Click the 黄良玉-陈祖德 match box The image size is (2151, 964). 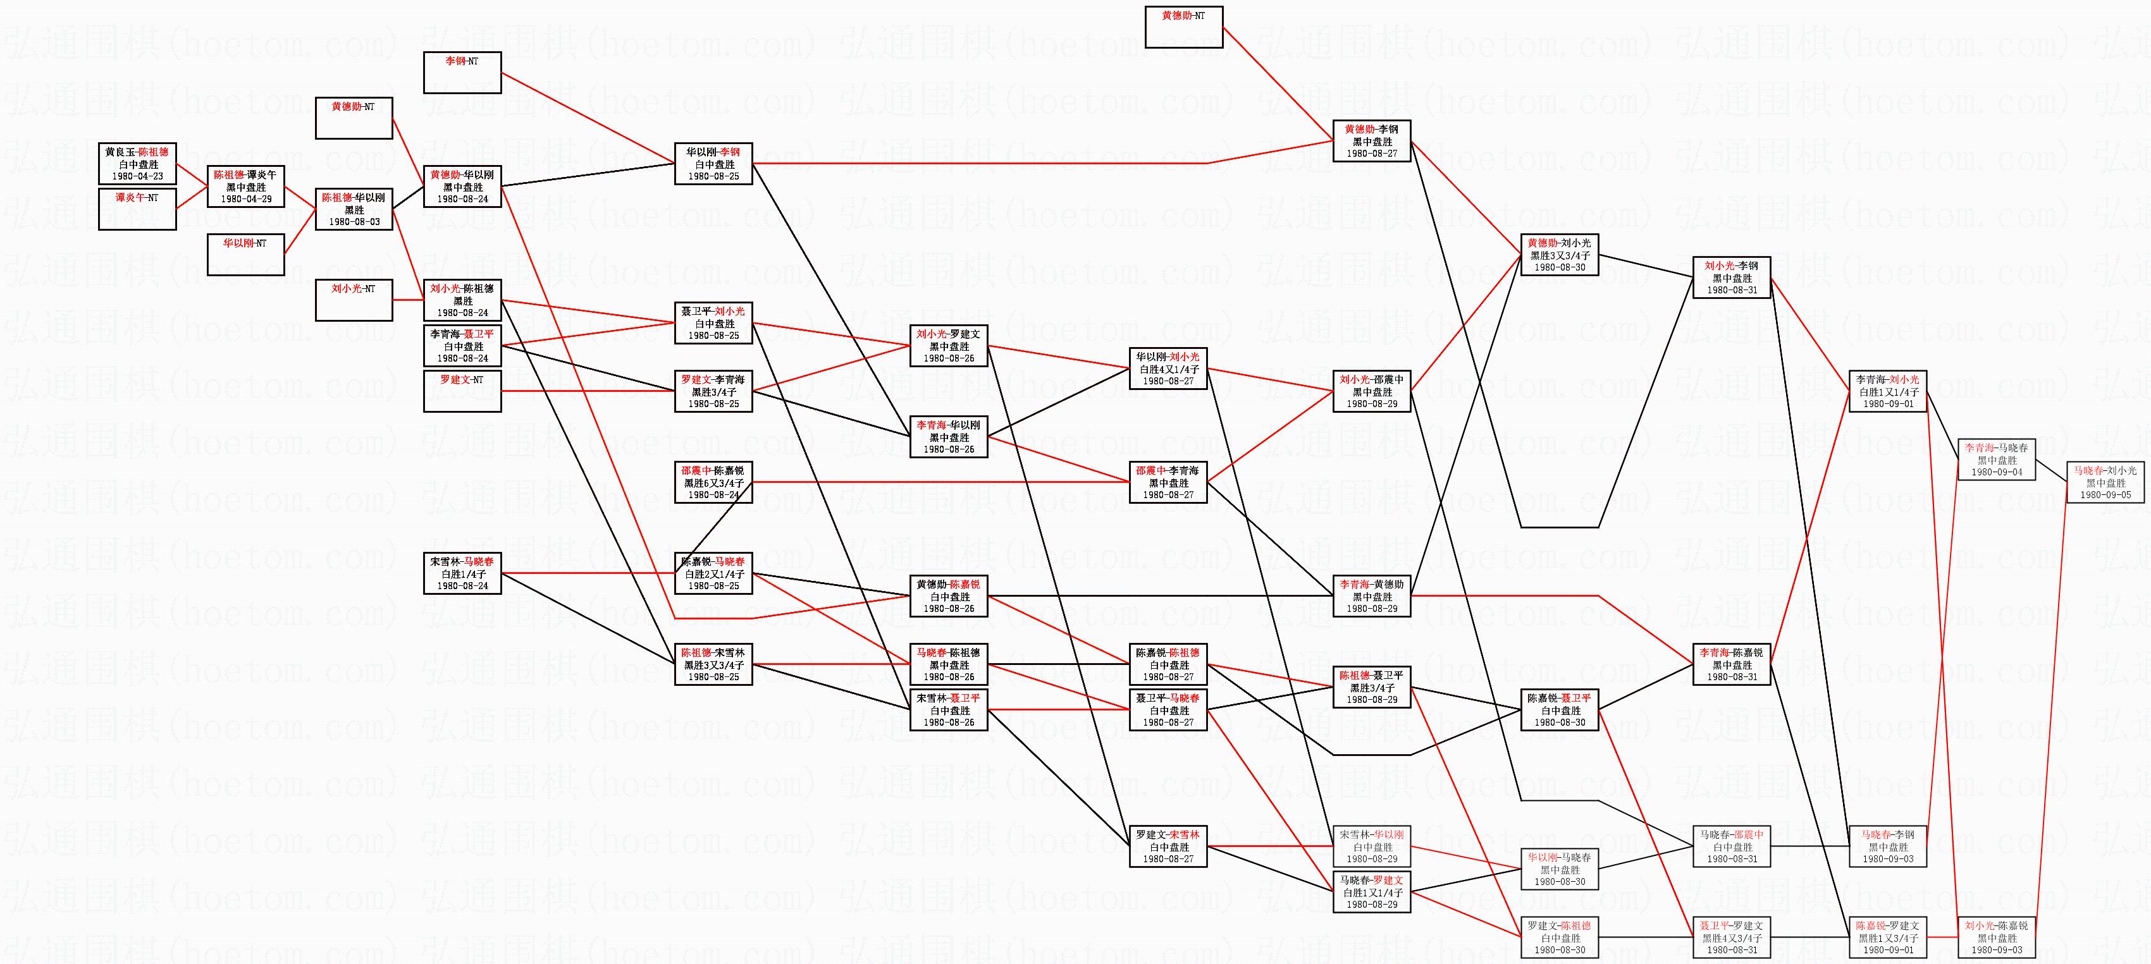point(137,164)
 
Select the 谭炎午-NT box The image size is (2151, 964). point(137,209)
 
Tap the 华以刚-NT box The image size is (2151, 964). point(245,255)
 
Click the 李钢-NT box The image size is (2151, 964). point(462,73)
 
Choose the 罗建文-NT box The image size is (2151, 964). point(462,391)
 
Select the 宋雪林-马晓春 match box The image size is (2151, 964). point(462,573)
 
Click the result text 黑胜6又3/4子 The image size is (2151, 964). point(713,483)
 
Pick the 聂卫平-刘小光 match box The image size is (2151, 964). point(713,323)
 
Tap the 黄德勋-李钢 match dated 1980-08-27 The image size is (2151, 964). point(1371,141)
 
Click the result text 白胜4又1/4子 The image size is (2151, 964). point(1168,370)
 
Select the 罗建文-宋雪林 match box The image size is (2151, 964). point(1168,846)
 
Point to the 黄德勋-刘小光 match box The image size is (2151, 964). point(1559,255)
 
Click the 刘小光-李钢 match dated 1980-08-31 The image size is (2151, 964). point(1731,278)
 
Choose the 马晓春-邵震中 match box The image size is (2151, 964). point(1731,846)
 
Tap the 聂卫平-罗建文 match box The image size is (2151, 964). point(1731,937)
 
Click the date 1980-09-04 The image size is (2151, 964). point(1997,472)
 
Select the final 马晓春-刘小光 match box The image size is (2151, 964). point(2105,482)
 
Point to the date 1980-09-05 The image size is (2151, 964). point(2105,495)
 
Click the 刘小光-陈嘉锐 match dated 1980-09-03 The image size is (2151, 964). point(1997,937)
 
